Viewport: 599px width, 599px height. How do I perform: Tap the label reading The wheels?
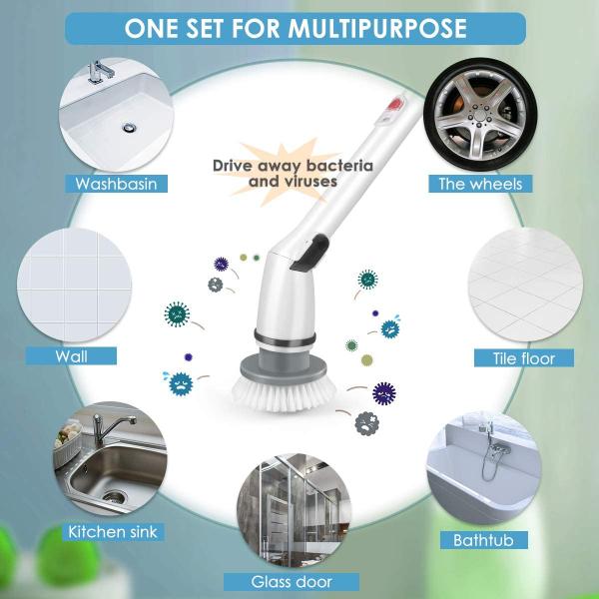pos(480,184)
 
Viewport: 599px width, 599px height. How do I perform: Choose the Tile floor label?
pos(524,357)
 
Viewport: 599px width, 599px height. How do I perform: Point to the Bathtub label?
pos(482,540)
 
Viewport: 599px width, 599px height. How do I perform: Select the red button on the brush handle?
pos(392,103)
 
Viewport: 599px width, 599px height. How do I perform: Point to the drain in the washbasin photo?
pos(130,128)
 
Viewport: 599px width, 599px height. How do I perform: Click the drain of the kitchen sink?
pos(115,495)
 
